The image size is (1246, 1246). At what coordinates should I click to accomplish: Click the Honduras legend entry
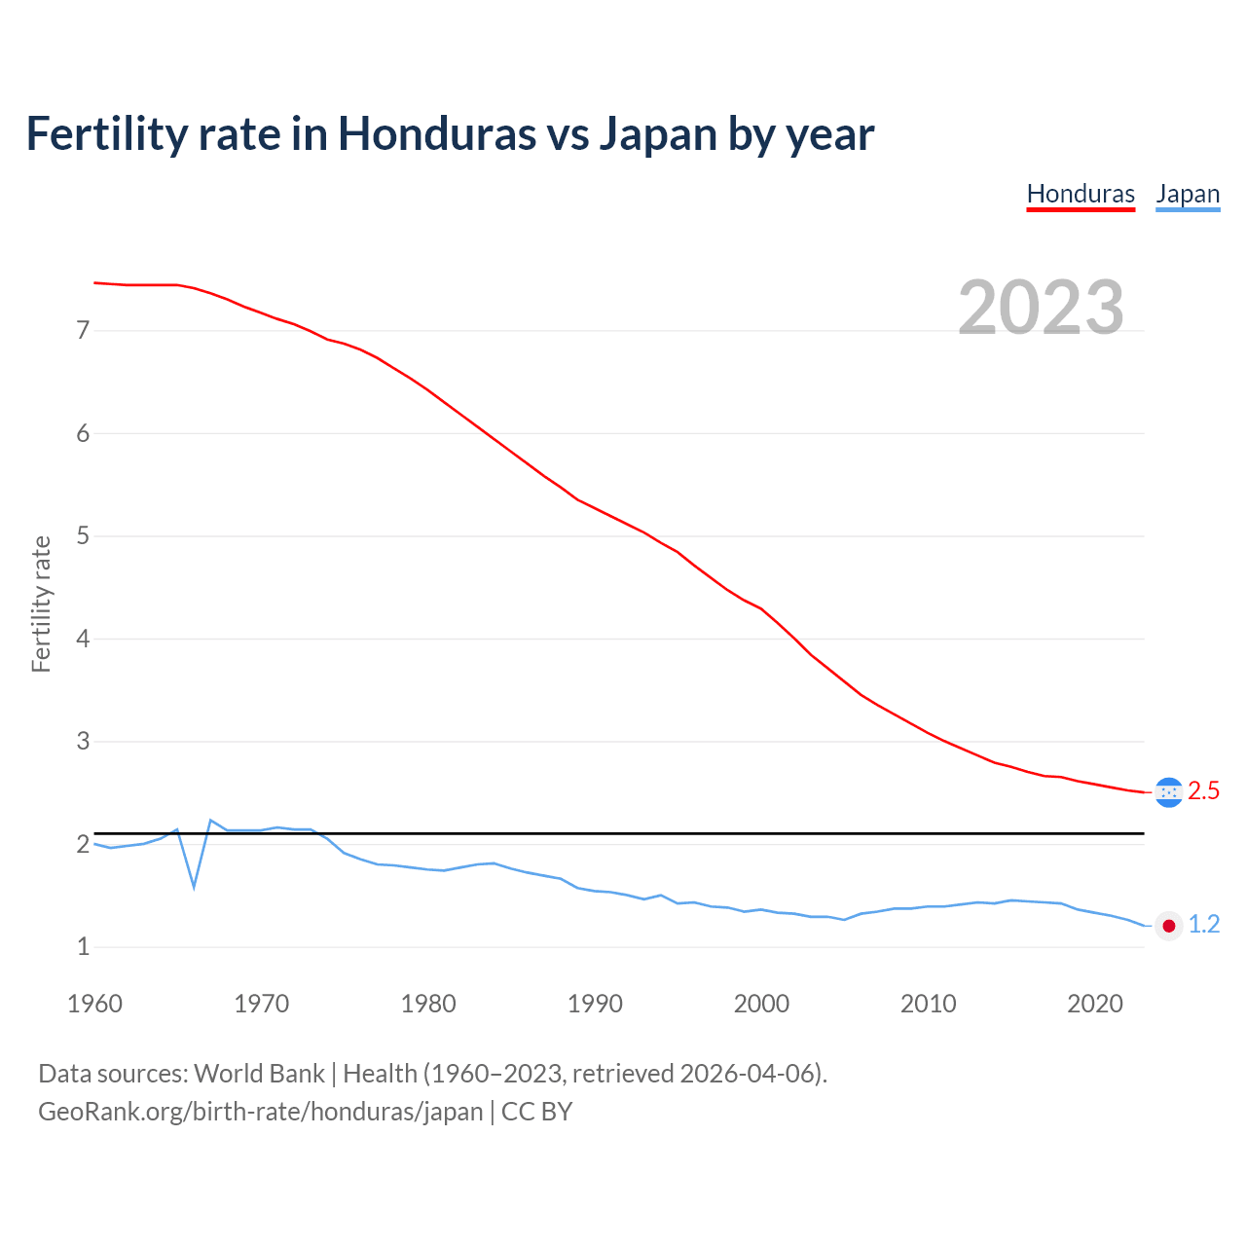1081,194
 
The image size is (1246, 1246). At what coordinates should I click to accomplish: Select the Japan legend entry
1188,194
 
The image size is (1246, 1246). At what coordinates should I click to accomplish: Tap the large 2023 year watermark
1041,308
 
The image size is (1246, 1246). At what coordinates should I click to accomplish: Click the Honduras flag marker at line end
1168,792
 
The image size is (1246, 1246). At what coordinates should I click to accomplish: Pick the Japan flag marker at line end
1168,926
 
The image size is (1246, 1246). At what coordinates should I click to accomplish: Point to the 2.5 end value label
1204,791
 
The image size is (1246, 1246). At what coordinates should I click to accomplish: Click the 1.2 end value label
1204,925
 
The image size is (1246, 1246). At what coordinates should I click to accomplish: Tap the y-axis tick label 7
83,331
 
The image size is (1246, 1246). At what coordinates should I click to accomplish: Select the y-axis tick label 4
83,640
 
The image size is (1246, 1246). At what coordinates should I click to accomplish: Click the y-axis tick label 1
83,947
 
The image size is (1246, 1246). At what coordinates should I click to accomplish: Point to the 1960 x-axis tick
94,1004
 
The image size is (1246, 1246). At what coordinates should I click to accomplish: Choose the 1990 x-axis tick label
595,1004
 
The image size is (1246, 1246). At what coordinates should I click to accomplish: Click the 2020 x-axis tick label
1095,1004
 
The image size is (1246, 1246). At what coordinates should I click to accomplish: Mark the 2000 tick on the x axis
761,1004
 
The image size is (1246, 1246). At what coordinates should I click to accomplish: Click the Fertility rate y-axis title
41,604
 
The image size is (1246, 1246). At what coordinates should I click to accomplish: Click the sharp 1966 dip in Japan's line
194,886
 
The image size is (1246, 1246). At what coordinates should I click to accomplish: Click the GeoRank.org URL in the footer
260,1112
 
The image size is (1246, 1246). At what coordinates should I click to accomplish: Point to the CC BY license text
536,1112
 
